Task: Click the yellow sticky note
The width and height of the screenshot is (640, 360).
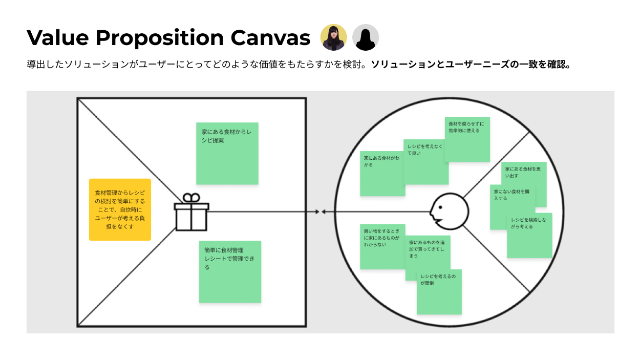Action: point(120,209)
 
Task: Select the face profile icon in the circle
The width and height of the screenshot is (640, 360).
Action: point(449,210)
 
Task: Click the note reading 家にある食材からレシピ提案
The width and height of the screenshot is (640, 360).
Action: point(227,153)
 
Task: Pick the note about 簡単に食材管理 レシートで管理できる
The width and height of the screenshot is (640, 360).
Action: point(230,271)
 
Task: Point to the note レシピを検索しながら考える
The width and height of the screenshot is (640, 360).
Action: point(529,236)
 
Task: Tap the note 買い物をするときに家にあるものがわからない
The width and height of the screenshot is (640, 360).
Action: point(382,246)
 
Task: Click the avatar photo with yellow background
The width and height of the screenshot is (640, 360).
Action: point(333,37)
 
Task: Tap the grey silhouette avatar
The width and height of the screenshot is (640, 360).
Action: point(366,37)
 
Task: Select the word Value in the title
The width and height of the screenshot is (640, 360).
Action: point(57,38)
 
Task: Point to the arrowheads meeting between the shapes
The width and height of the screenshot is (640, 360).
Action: point(321,211)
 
